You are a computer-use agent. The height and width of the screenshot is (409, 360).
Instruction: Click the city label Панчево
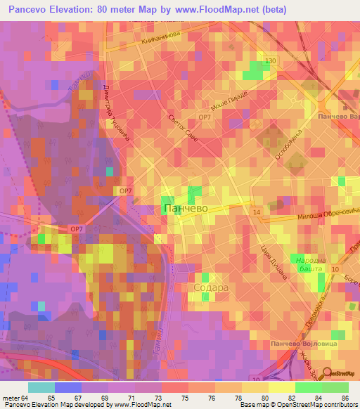tap(184, 209)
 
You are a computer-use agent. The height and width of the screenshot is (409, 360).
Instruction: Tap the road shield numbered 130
tap(271, 61)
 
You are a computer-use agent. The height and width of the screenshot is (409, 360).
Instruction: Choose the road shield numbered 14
tap(257, 212)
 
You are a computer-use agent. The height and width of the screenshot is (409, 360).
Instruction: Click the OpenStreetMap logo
tap(338, 375)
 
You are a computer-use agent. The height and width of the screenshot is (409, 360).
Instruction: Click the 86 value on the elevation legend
tap(345, 398)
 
